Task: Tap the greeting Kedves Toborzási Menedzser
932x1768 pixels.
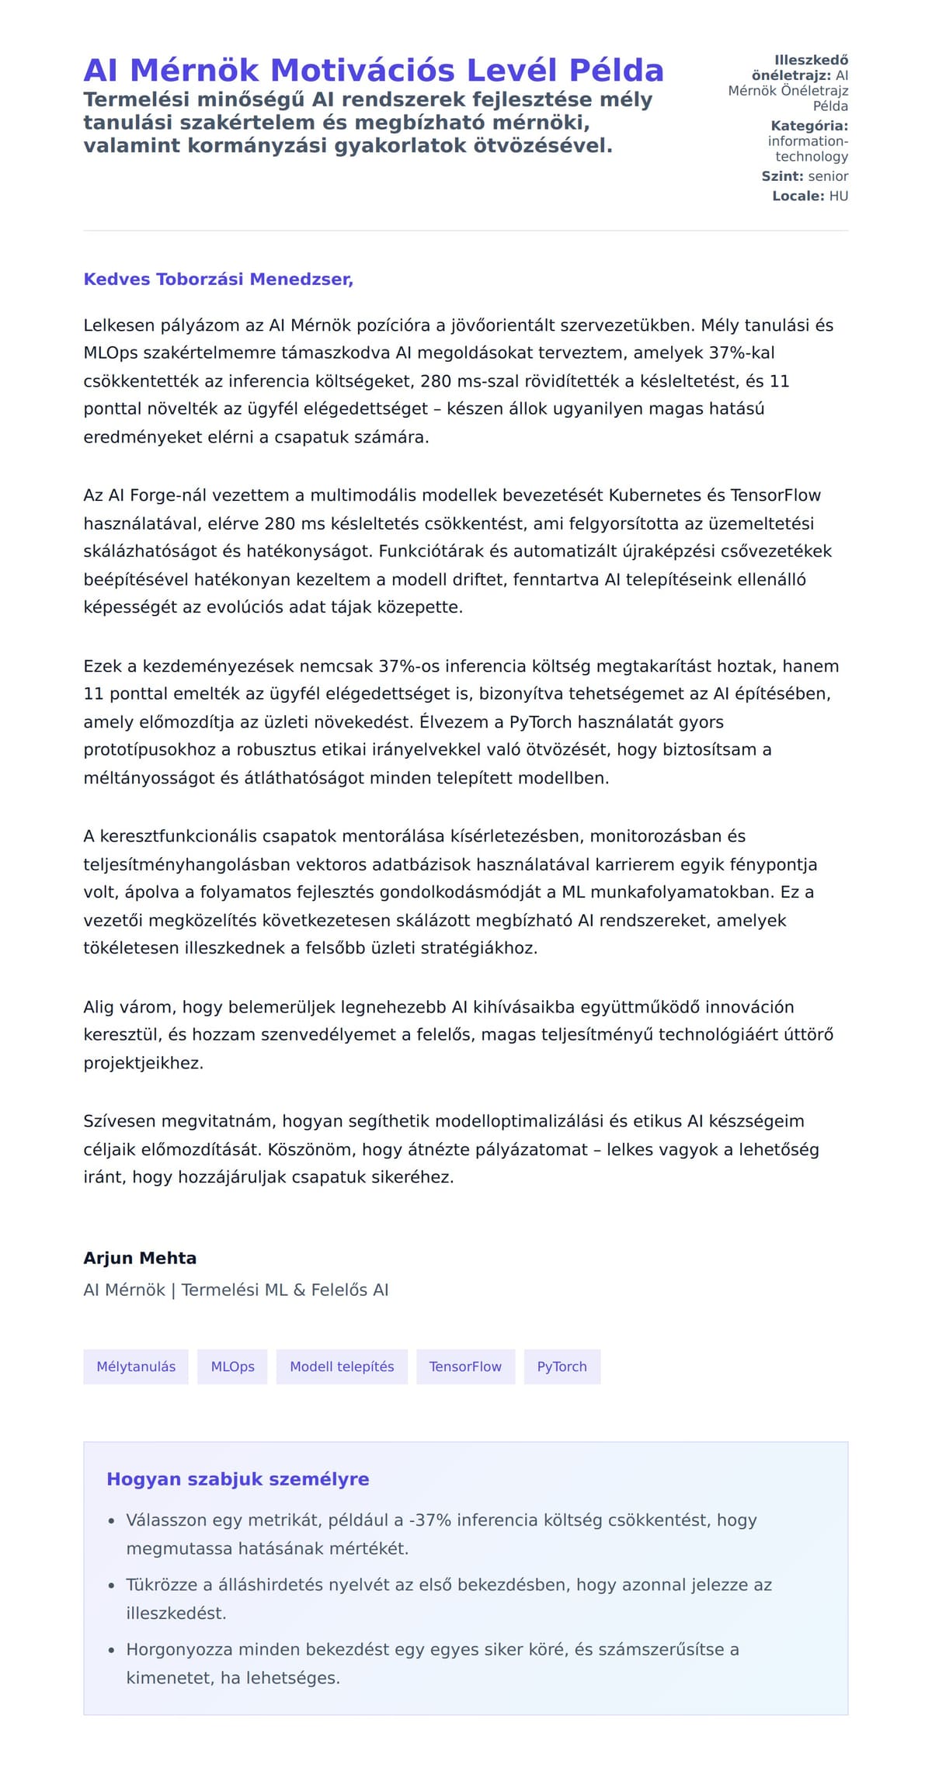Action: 218,280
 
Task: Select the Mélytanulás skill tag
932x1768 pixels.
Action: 136,1367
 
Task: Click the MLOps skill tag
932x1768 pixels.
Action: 232,1367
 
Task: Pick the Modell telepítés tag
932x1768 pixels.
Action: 342,1367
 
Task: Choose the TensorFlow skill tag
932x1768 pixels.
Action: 465,1367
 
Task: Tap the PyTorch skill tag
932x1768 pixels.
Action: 562,1367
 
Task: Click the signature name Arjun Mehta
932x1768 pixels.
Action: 140,1259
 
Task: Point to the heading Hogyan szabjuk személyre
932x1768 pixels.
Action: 238,1479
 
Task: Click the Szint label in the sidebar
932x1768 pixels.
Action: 782,176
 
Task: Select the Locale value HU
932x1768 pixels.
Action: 838,196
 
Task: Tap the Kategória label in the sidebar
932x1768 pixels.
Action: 809,126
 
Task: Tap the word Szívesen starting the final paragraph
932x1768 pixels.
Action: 116,1121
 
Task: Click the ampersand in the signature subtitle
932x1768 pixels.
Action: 300,1290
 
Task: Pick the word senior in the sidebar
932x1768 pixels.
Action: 828,176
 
